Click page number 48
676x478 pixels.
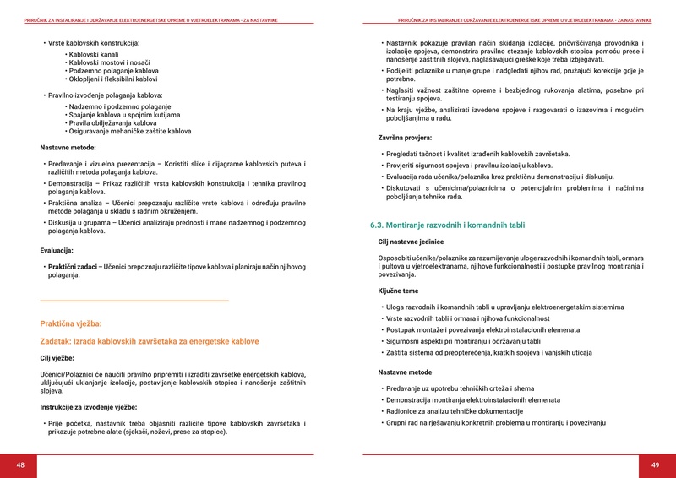click(x=20, y=465)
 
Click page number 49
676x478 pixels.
click(x=655, y=465)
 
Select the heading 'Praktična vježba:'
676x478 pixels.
click(x=71, y=323)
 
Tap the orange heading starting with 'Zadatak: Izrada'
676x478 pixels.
click(x=150, y=341)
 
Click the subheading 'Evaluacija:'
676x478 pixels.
click(x=57, y=251)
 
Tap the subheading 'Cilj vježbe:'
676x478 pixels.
click(x=57, y=358)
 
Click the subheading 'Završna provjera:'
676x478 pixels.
click(x=405, y=137)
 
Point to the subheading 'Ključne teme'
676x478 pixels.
click(x=398, y=291)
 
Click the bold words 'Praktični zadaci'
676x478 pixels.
click(x=73, y=267)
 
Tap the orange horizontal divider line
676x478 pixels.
click(x=134, y=301)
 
